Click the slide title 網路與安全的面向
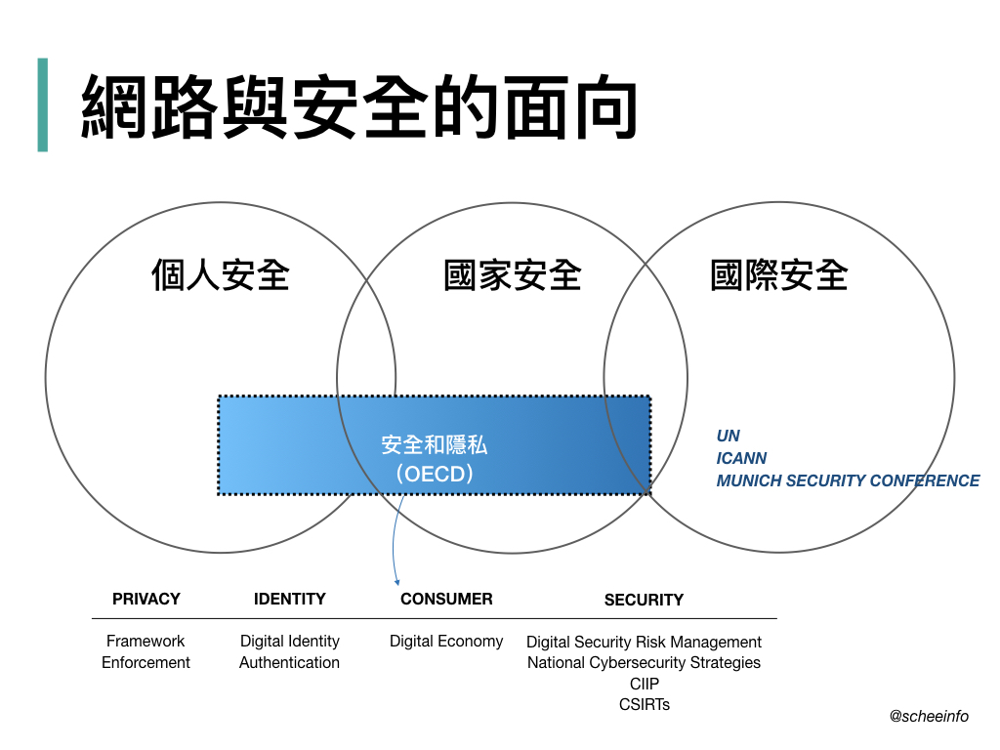pos(359,105)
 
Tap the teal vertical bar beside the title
pos(42,104)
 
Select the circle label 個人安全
pos(221,274)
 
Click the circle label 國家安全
pos(513,274)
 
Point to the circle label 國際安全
pos(779,274)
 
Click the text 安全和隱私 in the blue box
pos(435,445)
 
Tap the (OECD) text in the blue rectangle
pos(435,474)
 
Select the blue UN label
pos(729,436)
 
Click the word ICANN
pos(741,458)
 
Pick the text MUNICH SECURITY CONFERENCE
pos(848,480)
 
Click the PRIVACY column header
pos(146,599)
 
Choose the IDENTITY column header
pos(290,599)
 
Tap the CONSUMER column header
pos(446,599)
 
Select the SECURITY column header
pos(644,600)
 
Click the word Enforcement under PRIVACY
pos(146,662)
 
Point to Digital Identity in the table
pos(290,641)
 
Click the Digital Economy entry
pos(446,641)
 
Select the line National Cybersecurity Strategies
pos(644,662)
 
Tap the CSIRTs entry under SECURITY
pos(645,704)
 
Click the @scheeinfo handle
pos(929,716)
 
